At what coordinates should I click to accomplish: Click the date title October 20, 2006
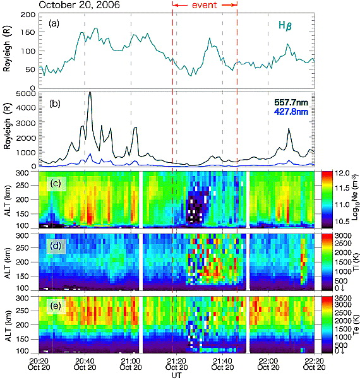point(80,5)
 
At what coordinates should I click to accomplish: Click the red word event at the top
point(205,5)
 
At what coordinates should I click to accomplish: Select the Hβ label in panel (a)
point(285,25)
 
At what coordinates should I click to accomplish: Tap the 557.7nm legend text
point(291,102)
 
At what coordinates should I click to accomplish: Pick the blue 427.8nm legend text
point(291,112)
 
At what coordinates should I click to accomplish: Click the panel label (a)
point(54,24)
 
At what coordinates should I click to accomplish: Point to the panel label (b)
point(55,104)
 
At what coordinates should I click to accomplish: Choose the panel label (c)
point(56,184)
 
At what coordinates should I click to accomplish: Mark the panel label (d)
point(56,246)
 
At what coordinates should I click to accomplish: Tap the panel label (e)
point(56,306)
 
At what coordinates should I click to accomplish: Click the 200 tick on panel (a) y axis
point(28,15)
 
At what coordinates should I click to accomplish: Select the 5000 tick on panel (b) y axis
point(25,93)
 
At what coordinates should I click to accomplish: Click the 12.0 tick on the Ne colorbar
point(342,173)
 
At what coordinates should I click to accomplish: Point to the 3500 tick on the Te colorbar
point(343,298)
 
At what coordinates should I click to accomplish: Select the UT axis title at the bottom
point(176,376)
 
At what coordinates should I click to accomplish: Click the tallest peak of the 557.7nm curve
point(90,92)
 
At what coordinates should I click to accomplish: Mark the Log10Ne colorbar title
point(356,197)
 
